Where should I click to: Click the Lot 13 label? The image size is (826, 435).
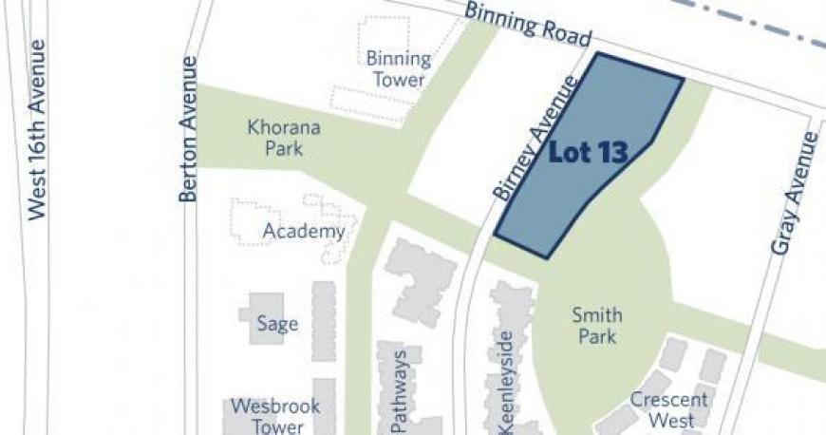pyautogui.click(x=588, y=152)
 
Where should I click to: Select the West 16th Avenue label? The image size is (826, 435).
pyautogui.click(x=37, y=129)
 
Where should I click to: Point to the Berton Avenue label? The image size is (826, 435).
pyautogui.click(x=188, y=128)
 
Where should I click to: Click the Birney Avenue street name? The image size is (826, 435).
pyautogui.click(x=535, y=140)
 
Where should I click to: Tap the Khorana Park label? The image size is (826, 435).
pyautogui.click(x=284, y=137)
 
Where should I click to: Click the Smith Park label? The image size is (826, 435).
pyautogui.click(x=596, y=326)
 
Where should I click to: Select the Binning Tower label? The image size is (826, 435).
pyautogui.click(x=398, y=69)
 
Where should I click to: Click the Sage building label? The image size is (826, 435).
pyautogui.click(x=277, y=324)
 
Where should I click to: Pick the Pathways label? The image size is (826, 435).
pyautogui.click(x=400, y=389)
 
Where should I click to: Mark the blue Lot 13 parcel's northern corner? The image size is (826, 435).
pyautogui.click(x=598, y=54)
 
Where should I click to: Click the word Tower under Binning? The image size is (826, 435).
pyautogui.click(x=398, y=80)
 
